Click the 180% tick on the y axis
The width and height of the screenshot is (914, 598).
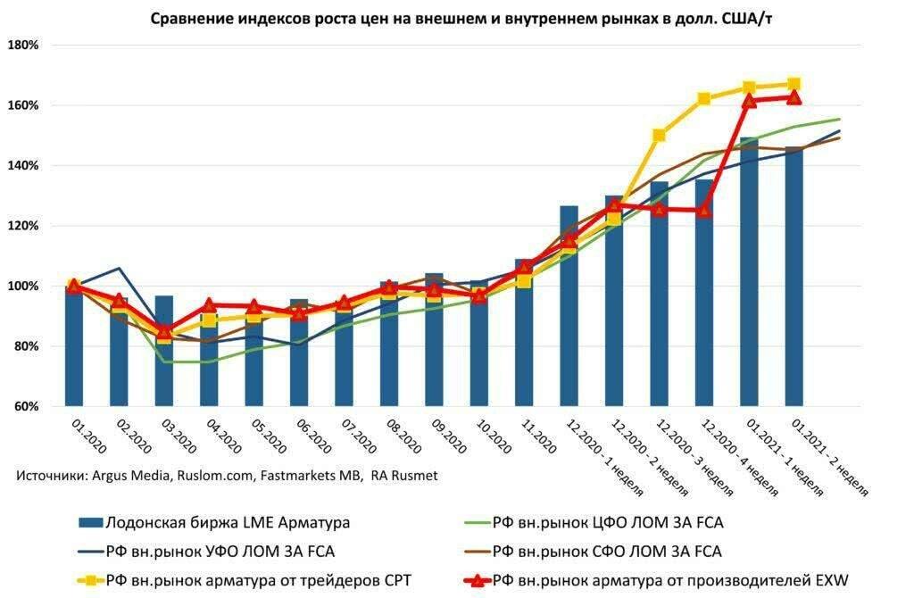(x=23, y=46)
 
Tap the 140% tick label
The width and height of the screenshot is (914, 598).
(x=23, y=166)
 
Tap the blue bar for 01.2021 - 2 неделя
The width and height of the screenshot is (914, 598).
(x=794, y=277)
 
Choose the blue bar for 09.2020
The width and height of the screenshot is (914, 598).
(x=434, y=339)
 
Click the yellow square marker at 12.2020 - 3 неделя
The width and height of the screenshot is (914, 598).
(x=659, y=136)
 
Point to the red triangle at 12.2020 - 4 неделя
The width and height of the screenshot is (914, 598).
(x=704, y=211)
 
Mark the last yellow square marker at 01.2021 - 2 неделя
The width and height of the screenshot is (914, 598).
(x=794, y=85)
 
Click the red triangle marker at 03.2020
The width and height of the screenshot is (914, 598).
(x=164, y=329)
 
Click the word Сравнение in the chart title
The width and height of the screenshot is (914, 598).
(x=191, y=18)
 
